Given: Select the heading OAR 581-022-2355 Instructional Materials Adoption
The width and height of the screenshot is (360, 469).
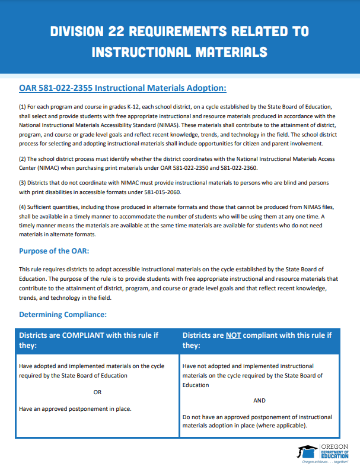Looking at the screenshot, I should pos(123,88).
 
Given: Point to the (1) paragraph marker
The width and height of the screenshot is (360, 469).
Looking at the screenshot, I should pos(23,106).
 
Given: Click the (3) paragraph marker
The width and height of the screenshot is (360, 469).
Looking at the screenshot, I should pos(23,182).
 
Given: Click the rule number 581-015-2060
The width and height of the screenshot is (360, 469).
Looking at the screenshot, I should pos(161,192).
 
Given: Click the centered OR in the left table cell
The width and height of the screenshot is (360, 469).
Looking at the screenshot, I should pos(98,392).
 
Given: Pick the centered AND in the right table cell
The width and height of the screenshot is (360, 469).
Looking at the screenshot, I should pos(259,401).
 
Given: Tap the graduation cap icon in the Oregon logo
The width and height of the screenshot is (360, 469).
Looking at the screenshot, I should pos(307,450).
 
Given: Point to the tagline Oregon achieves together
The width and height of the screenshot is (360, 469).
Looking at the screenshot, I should pos(325,461).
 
